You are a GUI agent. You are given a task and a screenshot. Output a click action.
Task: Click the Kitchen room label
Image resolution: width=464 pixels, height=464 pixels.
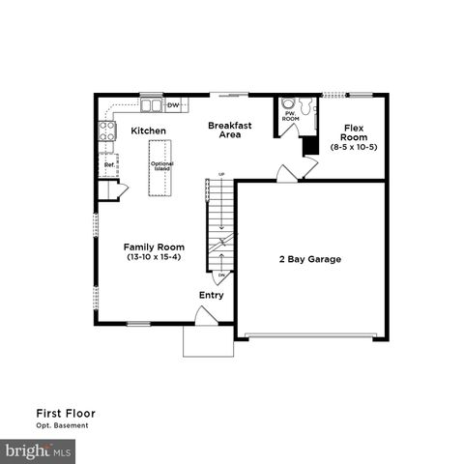coord(148,130)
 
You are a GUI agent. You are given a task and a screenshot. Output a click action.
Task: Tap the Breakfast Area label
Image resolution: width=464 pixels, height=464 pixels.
coord(229,130)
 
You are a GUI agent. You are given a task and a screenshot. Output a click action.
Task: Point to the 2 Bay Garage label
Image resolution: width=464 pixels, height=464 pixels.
coord(310,259)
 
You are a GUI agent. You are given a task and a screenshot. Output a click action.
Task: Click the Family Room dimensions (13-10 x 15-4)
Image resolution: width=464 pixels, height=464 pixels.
coord(155,258)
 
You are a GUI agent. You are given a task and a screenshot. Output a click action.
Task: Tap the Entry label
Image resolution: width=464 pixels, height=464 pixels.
coord(212,295)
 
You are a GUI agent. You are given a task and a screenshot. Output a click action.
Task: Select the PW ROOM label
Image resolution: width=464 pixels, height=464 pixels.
coord(289,116)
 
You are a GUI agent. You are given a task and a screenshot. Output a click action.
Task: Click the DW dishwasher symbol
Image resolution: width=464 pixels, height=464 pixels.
coord(174,104)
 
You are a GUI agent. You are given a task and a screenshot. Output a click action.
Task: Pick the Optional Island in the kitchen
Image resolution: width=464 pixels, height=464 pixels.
coord(160,167)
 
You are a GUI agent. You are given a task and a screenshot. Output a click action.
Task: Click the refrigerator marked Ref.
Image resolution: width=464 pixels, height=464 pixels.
coord(108,164)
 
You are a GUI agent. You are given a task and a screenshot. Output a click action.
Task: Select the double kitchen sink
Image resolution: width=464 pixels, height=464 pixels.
coord(151,104)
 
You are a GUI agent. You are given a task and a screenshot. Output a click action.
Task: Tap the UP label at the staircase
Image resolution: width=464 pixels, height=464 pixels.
coord(220,174)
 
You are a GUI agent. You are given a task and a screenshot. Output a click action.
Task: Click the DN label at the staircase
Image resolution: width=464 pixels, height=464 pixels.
coord(220,276)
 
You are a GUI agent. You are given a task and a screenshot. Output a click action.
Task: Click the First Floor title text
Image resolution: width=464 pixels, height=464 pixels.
coord(66,413)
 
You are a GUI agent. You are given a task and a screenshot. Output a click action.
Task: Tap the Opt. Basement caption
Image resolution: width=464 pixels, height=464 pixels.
coord(63,425)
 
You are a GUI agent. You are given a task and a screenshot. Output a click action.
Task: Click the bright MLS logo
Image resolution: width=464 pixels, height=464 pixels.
coord(39,450)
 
